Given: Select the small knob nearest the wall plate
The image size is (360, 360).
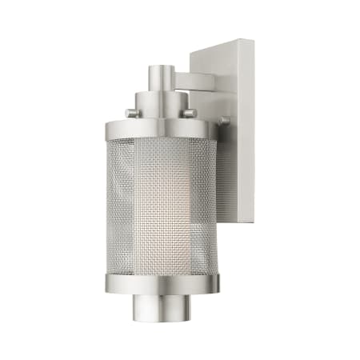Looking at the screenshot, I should point(224,121).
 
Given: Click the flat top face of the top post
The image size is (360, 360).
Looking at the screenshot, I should point(160,67).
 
